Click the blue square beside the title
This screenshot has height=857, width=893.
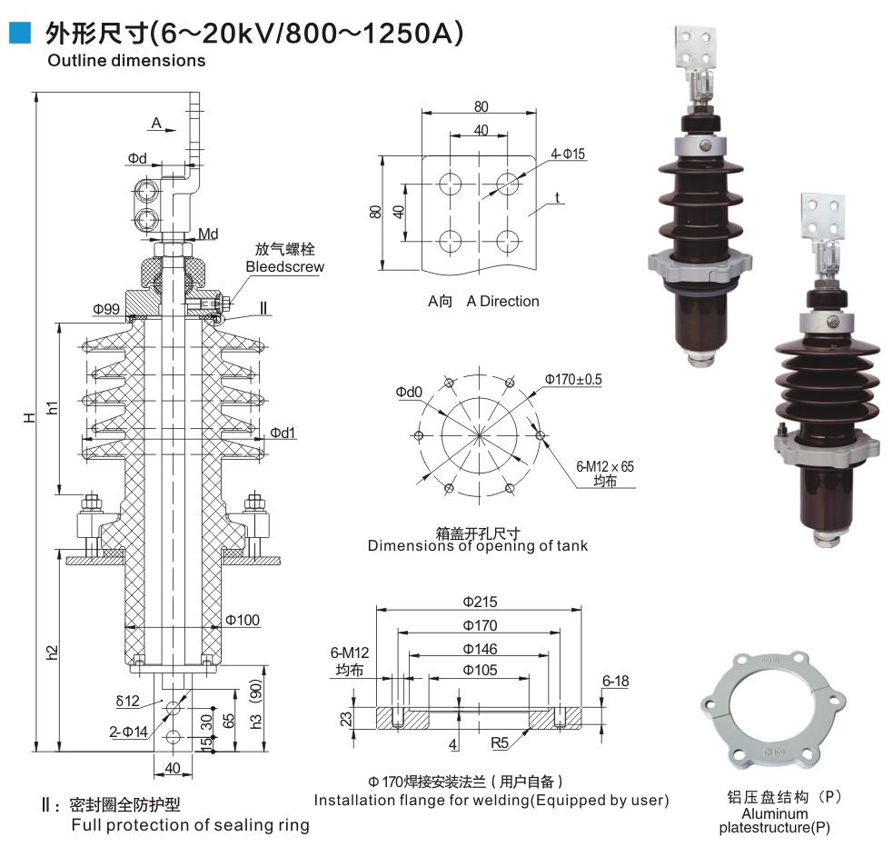pos(20,33)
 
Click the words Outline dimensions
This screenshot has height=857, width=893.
pos(126,60)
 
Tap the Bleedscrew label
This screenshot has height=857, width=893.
pos(284,266)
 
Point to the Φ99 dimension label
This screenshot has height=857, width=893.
pos(106,309)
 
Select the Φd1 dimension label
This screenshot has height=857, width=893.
pos(283,433)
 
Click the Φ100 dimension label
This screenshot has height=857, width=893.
pos(243,620)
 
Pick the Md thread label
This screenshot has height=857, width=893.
pos(208,234)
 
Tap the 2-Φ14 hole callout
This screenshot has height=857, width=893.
pos(128,732)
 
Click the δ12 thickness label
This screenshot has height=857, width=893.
pos(127,701)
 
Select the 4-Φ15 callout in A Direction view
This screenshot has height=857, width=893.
pos(568,154)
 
